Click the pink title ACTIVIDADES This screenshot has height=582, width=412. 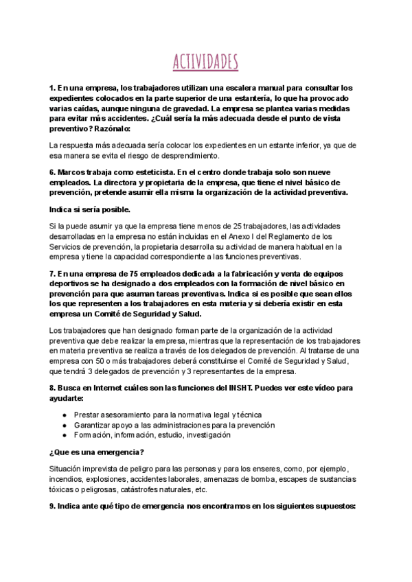pos(206,61)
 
